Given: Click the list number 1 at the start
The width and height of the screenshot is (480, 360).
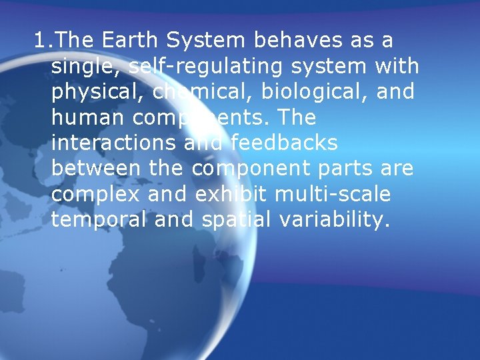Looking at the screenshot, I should (41, 41).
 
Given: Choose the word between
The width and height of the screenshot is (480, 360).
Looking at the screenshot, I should (96, 169).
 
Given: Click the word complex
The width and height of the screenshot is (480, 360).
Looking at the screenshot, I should (96, 195).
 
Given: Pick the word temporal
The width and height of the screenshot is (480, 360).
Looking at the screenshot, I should (99, 220).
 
